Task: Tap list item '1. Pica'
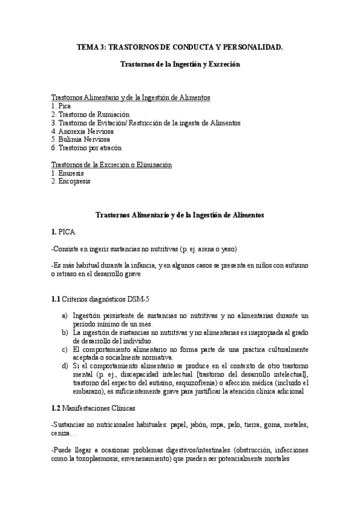click(x=61, y=105)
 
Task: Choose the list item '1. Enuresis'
click(x=67, y=173)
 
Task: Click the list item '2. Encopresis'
click(x=70, y=181)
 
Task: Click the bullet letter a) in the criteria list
click(x=64, y=315)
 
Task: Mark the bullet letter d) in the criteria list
click(x=64, y=366)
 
